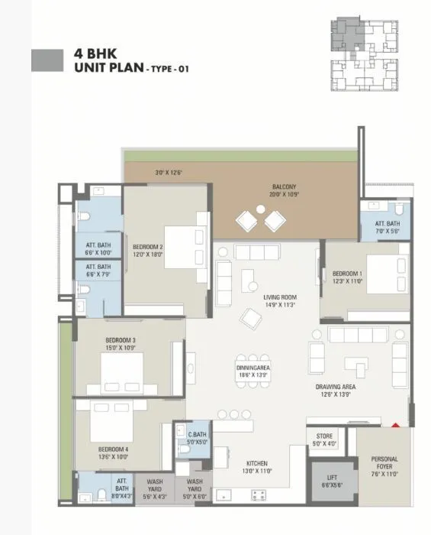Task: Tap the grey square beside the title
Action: pos(47,60)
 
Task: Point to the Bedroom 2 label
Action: pos(148,251)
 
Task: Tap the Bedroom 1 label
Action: pos(347,277)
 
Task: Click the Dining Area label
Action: pos(252,371)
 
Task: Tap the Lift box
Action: pos(332,481)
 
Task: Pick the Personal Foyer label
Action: pos(384,467)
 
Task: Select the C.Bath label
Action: pos(197,438)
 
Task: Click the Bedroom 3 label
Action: pos(121,345)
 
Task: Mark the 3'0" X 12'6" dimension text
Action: pos(169,173)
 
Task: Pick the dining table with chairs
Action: pos(252,371)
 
